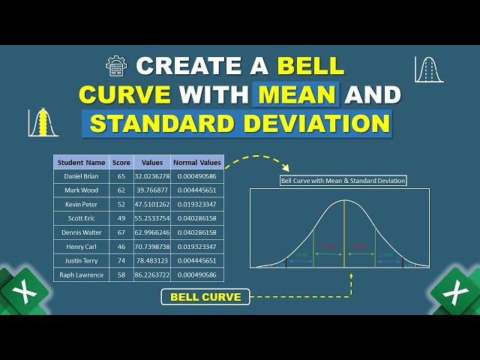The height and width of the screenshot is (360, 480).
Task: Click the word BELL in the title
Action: (x=311, y=65)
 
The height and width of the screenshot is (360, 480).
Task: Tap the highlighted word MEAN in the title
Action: (x=297, y=94)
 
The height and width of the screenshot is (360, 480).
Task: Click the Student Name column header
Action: (x=81, y=162)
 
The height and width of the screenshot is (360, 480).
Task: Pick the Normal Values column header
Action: (x=197, y=162)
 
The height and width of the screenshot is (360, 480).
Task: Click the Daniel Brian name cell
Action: (x=81, y=175)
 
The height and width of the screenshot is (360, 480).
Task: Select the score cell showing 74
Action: (x=121, y=260)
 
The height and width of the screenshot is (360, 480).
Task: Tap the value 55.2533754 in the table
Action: (x=152, y=217)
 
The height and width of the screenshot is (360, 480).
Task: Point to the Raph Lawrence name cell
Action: (x=81, y=274)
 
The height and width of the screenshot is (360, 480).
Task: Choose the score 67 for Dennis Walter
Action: (x=121, y=232)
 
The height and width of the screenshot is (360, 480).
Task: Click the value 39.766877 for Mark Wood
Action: (x=152, y=190)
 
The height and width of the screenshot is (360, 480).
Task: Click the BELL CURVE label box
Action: (x=205, y=297)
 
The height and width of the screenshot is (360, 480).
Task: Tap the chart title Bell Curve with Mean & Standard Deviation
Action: (x=343, y=181)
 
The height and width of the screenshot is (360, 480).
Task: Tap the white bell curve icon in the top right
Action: (x=429, y=69)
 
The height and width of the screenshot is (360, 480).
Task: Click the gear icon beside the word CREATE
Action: (x=117, y=66)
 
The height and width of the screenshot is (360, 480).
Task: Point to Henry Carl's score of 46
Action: (x=121, y=246)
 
